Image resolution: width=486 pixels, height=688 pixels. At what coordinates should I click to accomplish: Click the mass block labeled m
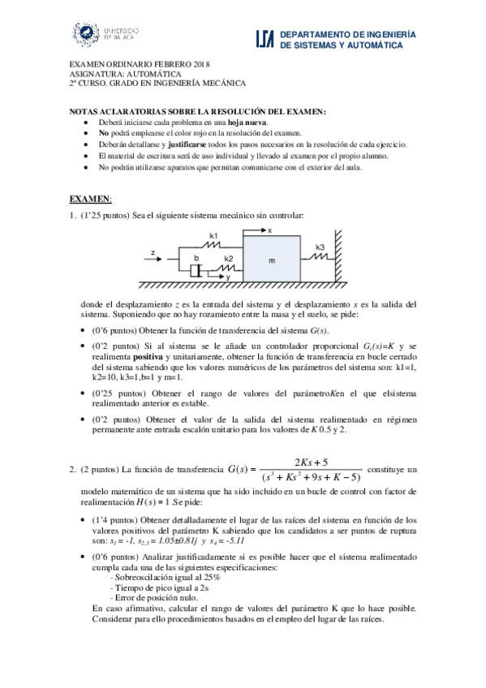pyautogui.click(x=271, y=260)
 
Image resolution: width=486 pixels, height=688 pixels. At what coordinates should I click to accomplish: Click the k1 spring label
pyautogui.click(x=214, y=234)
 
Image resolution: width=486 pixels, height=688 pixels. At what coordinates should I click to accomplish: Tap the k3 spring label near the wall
pyautogui.click(x=320, y=247)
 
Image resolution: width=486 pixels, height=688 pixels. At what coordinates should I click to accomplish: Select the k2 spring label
pyautogui.click(x=229, y=258)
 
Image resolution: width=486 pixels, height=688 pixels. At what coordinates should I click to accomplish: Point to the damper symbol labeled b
pyautogui.click(x=196, y=268)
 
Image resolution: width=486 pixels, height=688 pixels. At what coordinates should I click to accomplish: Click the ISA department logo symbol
pyautogui.click(x=265, y=40)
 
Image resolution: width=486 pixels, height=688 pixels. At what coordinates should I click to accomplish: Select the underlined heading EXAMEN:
pyautogui.click(x=90, y=199)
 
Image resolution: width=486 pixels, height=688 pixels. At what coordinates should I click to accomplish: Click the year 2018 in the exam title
pyautogui.click(x=201, y=64)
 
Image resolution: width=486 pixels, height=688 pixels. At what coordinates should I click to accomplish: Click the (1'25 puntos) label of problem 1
pyautogui.click(x=106, y=214)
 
